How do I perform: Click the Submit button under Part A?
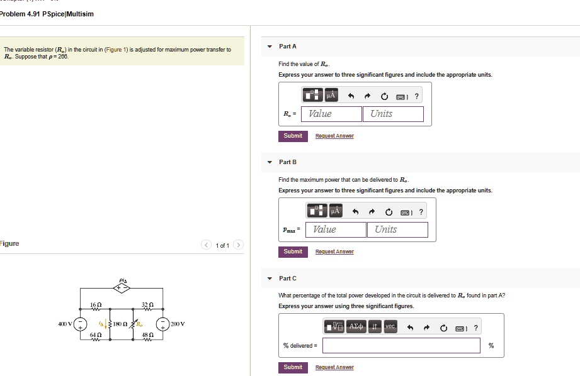(x=293, y=136)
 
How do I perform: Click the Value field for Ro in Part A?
(x=332, y=114)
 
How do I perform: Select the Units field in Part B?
(x=401, y=229)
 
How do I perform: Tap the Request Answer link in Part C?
(x=334, y=367)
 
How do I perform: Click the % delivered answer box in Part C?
(x=402, y=345)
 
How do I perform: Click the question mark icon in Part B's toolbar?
(x=421, y=212)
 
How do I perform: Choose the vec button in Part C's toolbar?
(x=390, y=327)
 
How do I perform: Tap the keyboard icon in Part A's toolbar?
(x=401, y=96)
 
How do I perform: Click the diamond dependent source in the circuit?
(x=122, y=288)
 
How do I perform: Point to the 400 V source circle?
(x=81, y=324)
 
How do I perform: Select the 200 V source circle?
(x=163, y=324)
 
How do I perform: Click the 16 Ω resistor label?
(x=96, y=304)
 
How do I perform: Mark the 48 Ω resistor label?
(x=147, y=336)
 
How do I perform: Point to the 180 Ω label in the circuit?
(x=122, y=324)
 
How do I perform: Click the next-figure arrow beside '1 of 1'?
(x=238, y=245)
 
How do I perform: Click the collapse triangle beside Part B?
(x=270, y=162)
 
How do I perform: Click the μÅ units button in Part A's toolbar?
(x=331, y=96)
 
